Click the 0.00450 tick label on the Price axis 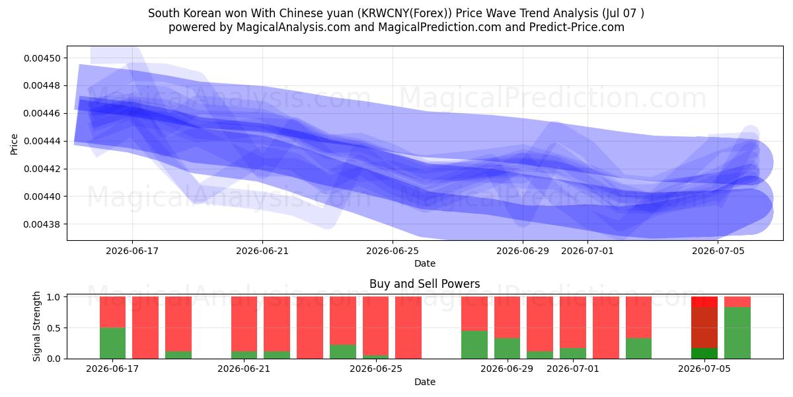[42, 58]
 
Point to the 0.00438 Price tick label [42, 224]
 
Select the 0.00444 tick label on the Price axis [42, 142]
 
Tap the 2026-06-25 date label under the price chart [393, 251]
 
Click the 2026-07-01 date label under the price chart [587, 251]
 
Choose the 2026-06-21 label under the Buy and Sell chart [244, 369]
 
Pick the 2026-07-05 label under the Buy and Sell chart [704, 369]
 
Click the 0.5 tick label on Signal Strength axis [54, 328]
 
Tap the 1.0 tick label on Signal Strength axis [54, 297]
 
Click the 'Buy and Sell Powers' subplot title [424, 284]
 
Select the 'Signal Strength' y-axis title [36, 326]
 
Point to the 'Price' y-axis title [14, 144]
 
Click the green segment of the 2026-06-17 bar [112, 343]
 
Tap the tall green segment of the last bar [737, 333]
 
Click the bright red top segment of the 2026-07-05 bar [704, 302]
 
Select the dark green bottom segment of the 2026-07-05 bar [704, 353]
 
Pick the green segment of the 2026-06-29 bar [508, 349]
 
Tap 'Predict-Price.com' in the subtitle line [577, 27]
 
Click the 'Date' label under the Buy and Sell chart [424, 382]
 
